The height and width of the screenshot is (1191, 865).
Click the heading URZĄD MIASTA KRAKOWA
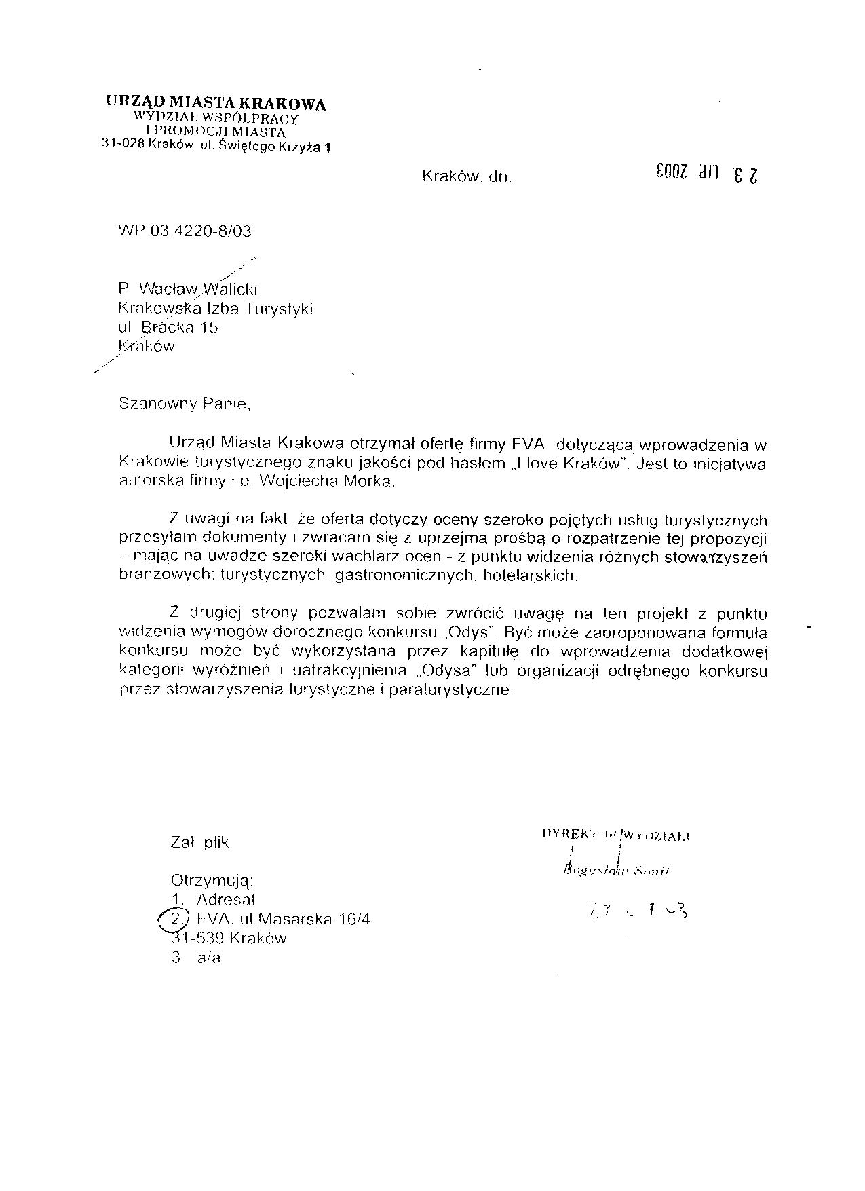pos(216,103)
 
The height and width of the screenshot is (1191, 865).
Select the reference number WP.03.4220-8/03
pos(185,231)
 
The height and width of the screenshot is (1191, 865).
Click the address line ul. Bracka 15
pos(168,327)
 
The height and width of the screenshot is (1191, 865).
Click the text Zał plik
pos(199,842)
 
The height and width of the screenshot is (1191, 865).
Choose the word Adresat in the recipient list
pos(226,900)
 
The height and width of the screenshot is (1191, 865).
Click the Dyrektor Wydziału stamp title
pos(616,834)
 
